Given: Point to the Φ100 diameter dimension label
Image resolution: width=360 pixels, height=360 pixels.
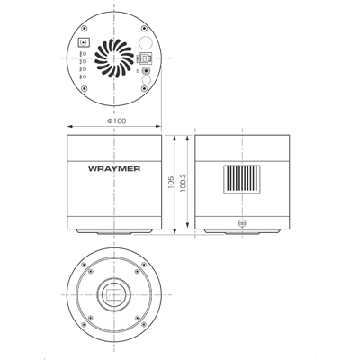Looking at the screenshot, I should point(116,121).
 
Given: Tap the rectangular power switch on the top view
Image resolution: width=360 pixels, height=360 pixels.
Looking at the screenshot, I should point(84,42).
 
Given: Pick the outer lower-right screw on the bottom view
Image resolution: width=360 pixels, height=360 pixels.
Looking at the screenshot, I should point(140,321).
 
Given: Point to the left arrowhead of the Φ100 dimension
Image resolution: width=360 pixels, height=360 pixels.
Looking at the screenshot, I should point(69,126).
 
